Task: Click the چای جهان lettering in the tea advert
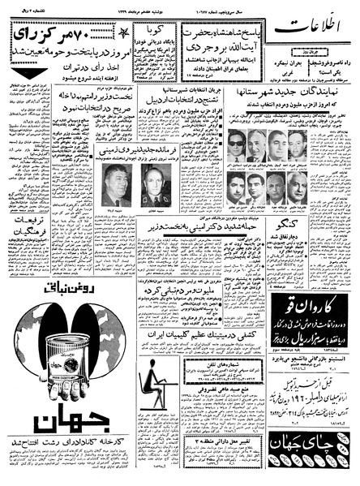[x=301, y=445]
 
